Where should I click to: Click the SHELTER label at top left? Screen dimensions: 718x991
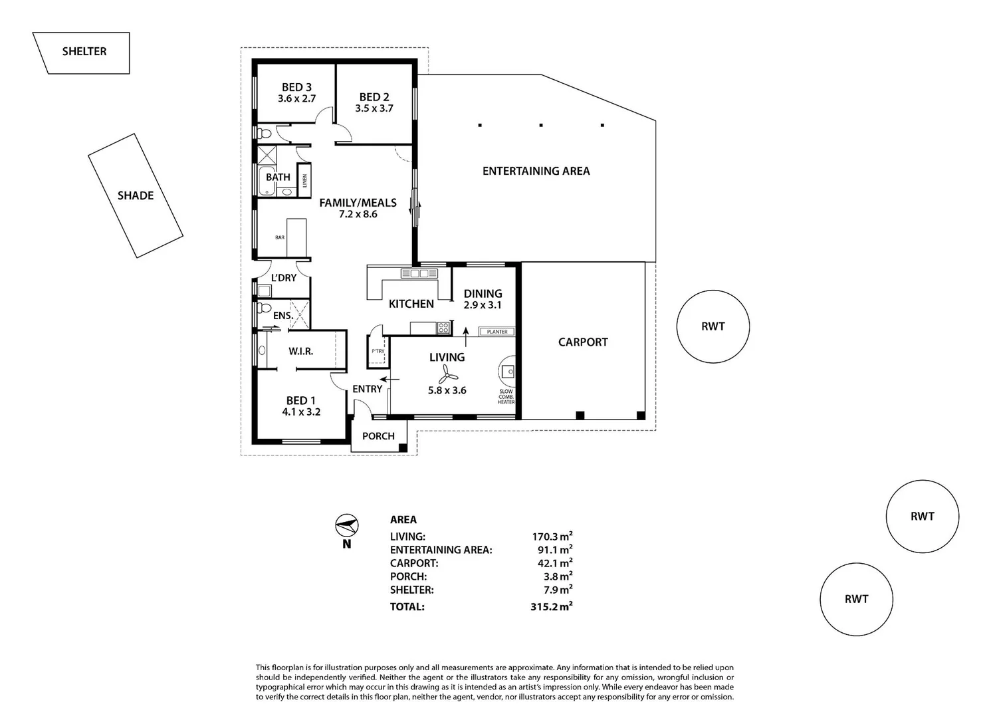[84, 51]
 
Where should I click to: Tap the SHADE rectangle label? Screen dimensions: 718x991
[136, 195]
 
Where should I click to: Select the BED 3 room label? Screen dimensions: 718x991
[296, 87]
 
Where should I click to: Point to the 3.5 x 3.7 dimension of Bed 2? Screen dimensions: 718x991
[374, 108]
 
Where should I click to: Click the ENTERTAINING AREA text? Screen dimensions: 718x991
[536, 171]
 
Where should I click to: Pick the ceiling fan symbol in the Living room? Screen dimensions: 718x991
[447, 375]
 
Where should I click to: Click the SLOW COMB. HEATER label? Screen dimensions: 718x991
[506, 397]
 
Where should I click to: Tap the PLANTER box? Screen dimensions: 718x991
[497, 332]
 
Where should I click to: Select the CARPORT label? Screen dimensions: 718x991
[582, 342]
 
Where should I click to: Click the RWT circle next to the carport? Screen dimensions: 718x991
[713, 326]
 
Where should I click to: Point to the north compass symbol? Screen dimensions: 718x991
[346, 526]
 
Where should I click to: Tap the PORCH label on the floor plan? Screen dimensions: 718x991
[378, 436]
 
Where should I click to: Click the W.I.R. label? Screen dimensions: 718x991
[300, 351]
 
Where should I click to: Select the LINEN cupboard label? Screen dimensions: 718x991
[304, 180]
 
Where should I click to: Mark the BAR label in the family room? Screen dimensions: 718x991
[280, 237]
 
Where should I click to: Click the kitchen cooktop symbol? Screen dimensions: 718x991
[443, 327]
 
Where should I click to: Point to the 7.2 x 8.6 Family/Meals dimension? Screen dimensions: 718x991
[358, 214]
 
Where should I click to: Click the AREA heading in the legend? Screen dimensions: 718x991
[403, 520]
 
